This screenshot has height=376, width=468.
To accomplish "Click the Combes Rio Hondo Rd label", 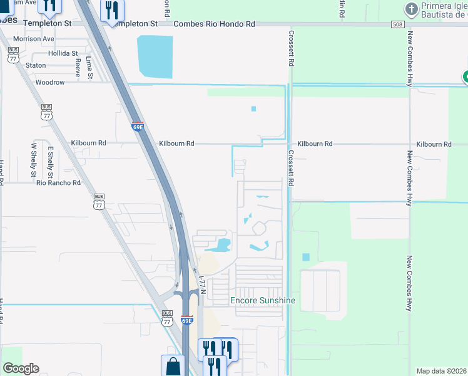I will pyautogui.click(x=215, y=24).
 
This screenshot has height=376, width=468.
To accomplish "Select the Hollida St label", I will pyautogui.click(x=63, y=54).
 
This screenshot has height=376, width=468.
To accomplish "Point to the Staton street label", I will pyautogui.click(x=36, y=65).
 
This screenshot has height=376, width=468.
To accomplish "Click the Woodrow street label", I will pyautogui.click(x=50, y=82).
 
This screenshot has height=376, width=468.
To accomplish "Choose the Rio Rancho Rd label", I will pyautogui.click(x=59, y=183).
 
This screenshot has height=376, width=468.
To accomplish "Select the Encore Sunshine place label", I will pyautogui.click(x=262, y=301).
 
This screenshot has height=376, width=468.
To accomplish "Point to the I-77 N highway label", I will pyautogui.click(x=201, y=285).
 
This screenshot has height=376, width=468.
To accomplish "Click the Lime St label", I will pyautogui.click(x=89, y=68).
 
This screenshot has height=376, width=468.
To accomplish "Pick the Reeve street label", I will pyautogui.click(x=78, y=67).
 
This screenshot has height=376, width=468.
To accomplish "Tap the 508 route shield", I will pyautogui.click(x=397, y=24).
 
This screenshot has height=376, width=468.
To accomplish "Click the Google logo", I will pyautogui.click(x=21, y=368).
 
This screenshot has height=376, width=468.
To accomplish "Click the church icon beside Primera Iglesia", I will pyautogui.click(x=411, y=9).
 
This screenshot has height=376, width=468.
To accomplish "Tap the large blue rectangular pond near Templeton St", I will pyautogui.click(x=155, y=56).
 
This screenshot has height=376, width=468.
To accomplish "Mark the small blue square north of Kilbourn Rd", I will pyautogui.click(x=253, y=109).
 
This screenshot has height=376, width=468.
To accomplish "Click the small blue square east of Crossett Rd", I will pyautogui.click(x=305, y=257).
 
